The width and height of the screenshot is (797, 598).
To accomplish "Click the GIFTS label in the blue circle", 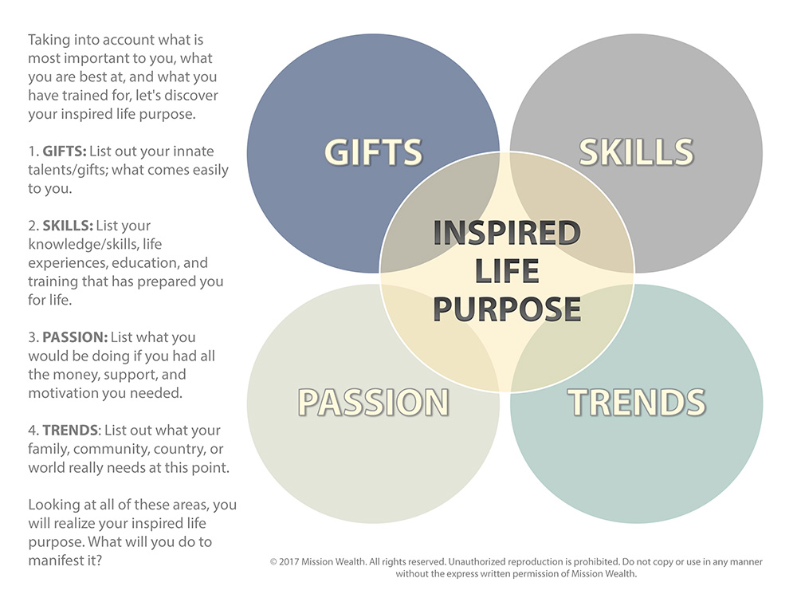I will tap(372, 151).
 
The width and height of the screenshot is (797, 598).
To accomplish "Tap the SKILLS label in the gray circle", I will tap(636, 151).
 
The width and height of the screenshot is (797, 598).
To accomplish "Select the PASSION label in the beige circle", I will tap(373, 402).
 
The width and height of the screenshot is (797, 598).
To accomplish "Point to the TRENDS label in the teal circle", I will tap(636, 402).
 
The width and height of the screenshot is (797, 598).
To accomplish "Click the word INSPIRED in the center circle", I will tap(507, 233).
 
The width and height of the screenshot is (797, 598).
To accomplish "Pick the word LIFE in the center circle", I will tap(507, 271).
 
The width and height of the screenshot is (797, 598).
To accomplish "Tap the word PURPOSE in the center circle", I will tap(507, 309).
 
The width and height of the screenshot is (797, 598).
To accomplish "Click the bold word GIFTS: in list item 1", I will tap(64, 151).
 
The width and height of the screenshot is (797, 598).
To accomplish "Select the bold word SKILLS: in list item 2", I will tap(67, 226).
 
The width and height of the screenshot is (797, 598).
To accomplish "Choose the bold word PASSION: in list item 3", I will tap(73, 337).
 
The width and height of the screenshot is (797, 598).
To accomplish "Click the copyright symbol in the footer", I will tap(273, 562).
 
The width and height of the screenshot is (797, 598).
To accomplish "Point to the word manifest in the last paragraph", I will tap(58, 561).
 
